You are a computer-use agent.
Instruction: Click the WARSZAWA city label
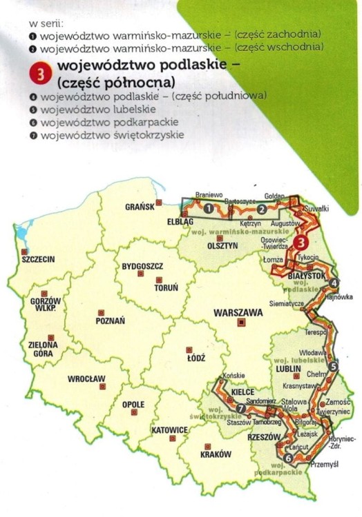[x=238, y=312]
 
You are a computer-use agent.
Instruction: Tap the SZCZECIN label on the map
[x=38, y=260]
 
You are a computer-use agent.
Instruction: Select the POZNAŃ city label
[x=111, y=321]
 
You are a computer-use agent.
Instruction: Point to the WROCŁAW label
[x=86, y=378]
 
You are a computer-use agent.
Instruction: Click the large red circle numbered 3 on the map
[x=301, y=242]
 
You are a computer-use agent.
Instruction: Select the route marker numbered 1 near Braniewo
[x=209, y=207]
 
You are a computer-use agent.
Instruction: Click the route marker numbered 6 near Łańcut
[x=287, y=458]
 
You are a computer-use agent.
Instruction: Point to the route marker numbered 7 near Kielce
[x=240, y=409]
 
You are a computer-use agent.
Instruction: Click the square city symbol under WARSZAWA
[x=241, y=323]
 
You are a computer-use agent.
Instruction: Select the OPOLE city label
[x=133, y=404]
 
